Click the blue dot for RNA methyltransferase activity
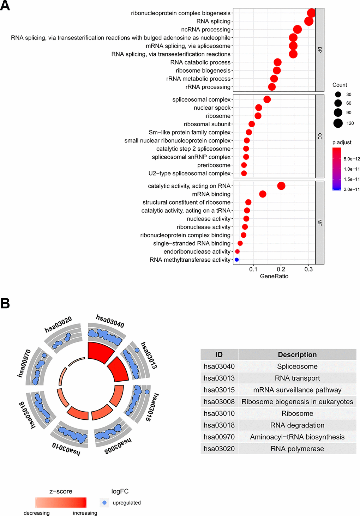[x=236, y=260]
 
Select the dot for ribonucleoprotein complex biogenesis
[x=311, y=13]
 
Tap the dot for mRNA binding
[x=263, y=194]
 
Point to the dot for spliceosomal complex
[x=267, y=99]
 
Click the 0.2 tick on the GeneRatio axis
[x=281, y=269]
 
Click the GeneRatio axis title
[x=274, y=276]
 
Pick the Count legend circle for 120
[x=338, y=123]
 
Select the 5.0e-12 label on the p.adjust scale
[x=352, y=159]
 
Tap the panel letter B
[x=5, y=303]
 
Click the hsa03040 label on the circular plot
[x=110, y=321]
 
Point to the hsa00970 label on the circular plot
[x=24, y=363]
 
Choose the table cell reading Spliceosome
[x=297, y=366]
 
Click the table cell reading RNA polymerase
[x=297, y=449]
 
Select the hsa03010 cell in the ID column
[x=219, y=413]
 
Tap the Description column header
[x=297, y=354]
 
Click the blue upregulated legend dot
[x=104, y=503]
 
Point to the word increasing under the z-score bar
[x=85, y=513]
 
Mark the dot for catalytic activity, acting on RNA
[x=281, y=186]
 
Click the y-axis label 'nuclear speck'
[x=212, y=108]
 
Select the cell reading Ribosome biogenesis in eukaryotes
[x=297, y=402]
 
